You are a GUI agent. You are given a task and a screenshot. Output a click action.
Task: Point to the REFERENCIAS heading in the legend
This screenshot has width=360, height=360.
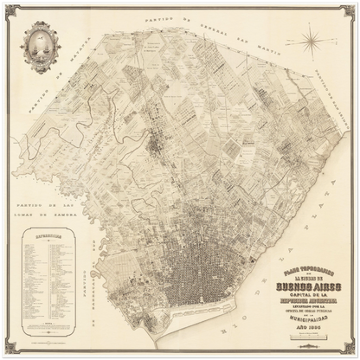coord(48,235)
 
